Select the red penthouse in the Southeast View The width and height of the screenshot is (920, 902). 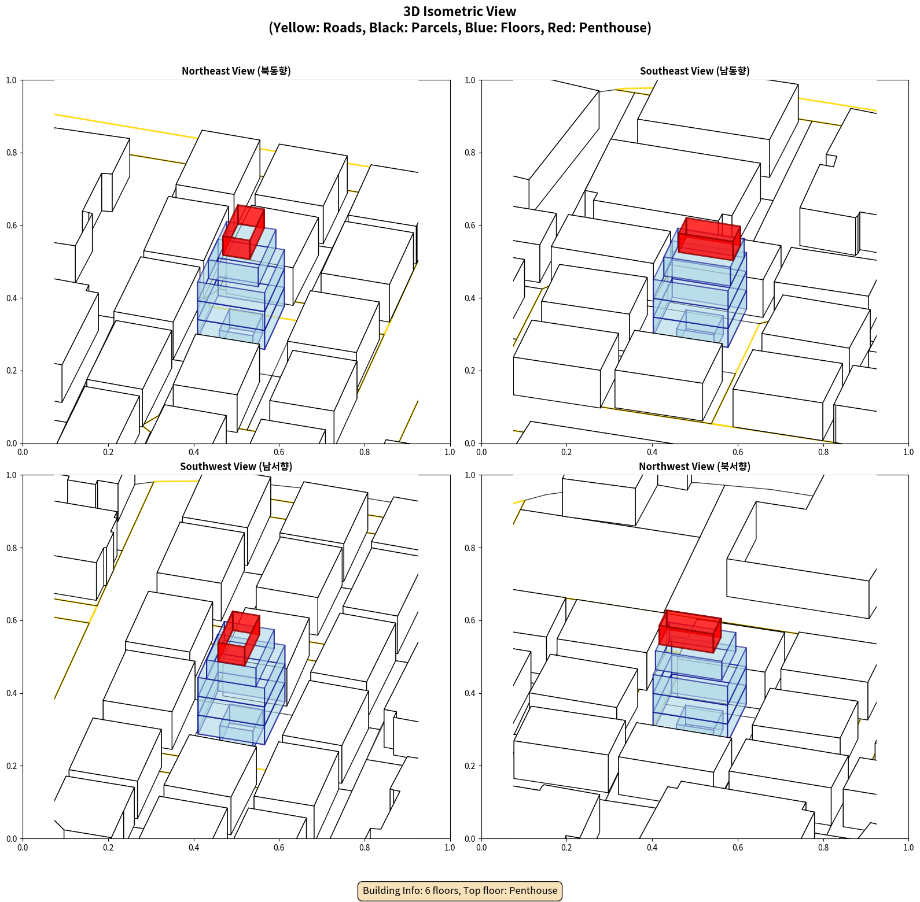[x=709, y=239]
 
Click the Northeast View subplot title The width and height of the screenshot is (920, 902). [x=236, y=71]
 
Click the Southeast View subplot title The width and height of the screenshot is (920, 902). [x=695, y=71]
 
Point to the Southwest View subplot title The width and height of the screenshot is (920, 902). [x=236, y=466]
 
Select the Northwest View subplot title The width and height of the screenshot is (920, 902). [x=695, y=466]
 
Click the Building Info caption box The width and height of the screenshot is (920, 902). [x=460, y=890]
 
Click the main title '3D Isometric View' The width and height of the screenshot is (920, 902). [x=460, y=12]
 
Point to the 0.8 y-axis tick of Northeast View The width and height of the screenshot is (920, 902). [x=12, y=153]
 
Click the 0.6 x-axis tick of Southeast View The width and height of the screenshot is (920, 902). [x=738, y=452]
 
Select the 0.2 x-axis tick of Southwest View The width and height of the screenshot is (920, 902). [x=108, y=848]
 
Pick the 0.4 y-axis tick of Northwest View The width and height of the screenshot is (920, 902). [x=470, y=693]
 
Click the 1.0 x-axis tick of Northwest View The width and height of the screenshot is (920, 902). [x=908, y=848]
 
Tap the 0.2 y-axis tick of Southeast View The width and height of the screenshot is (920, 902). [x=470, y=371]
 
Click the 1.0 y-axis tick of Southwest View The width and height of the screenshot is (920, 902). [x=12, y=475]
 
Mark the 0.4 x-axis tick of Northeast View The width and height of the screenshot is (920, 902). [x=194, y=452]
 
